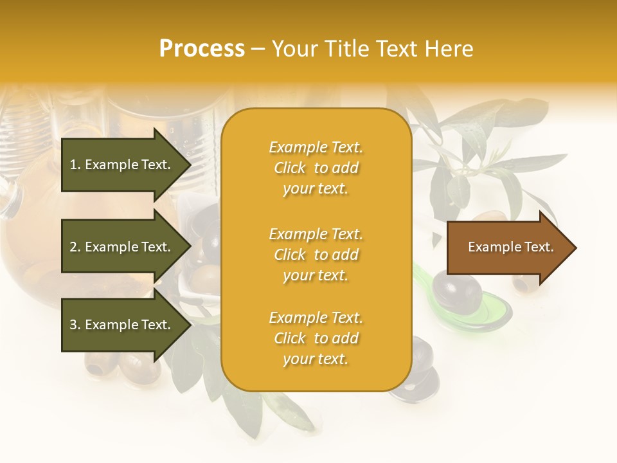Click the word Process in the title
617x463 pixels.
coord(202,49)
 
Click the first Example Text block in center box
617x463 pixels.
coord(316,168)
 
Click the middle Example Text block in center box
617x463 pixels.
coord(316,255)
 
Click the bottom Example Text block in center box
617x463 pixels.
coord(316,338)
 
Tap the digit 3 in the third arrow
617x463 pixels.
coord(73,325)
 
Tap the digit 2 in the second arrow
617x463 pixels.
coord(73,247)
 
